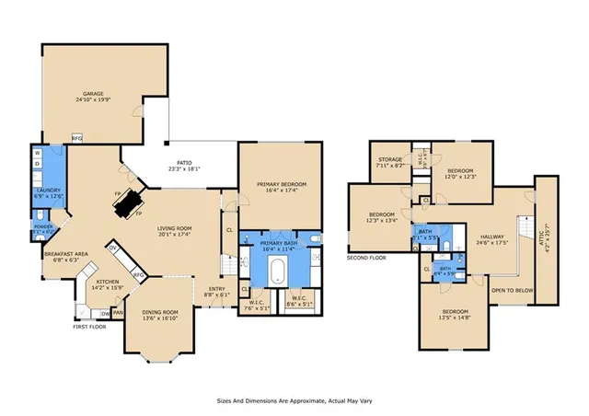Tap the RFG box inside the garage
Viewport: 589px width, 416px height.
pos(78,139)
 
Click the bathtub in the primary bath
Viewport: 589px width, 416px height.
pos(277,271)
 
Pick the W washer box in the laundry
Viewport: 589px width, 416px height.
pos(38,152)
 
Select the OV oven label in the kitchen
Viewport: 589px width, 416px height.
pos(113,248)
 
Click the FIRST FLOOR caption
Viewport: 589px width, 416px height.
pos(90,326)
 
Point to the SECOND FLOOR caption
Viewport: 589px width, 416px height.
pos(367,257)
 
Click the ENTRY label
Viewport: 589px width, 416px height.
pos(216,289)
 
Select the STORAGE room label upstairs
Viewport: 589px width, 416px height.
pos(387,161)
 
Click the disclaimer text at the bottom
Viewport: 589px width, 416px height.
pos(294,401)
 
